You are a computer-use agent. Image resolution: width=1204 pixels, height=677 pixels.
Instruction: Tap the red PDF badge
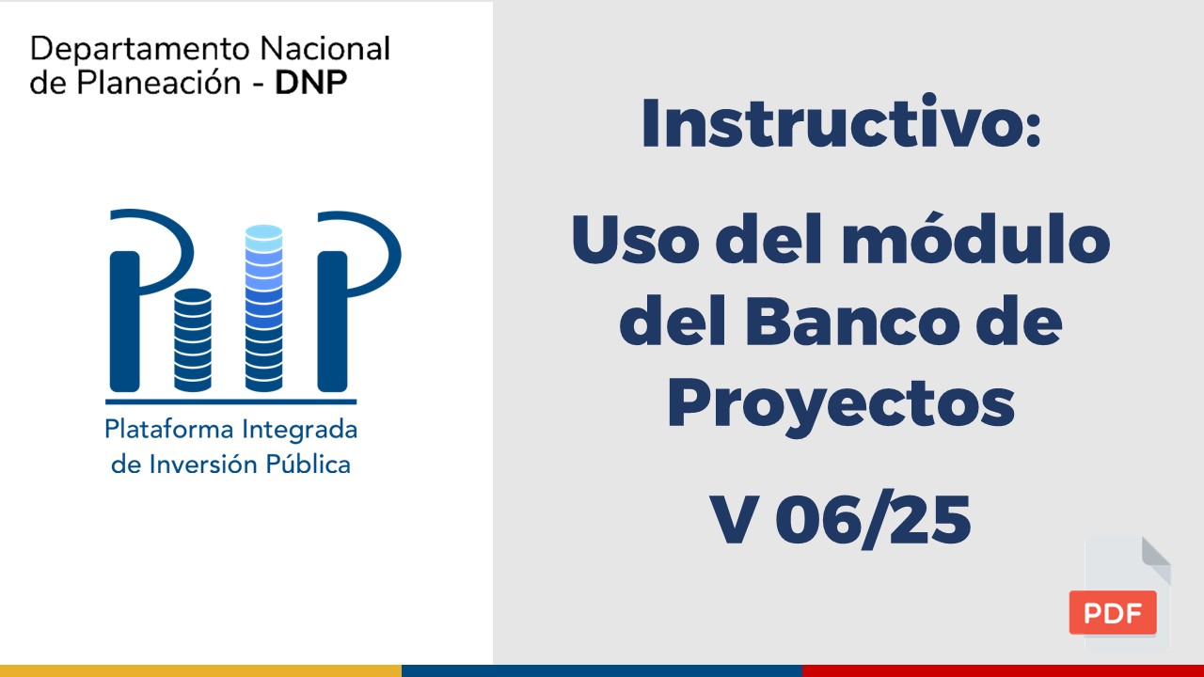click(x=1113, y=612)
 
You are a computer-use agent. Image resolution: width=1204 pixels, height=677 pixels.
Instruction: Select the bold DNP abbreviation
click(x=311, y=83)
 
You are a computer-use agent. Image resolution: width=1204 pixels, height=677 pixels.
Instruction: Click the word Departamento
click(x=140, y=49)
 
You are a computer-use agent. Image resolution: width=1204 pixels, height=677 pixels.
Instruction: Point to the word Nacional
click(x=325, y=49)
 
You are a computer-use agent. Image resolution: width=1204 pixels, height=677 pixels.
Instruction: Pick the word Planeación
click(x=159, y=83)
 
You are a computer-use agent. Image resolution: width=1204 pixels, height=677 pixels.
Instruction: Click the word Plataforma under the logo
click(x=169, y=430)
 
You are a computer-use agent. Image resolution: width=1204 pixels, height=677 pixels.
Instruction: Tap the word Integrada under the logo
click(x=300, y=431)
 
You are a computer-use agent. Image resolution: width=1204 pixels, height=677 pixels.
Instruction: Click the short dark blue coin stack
click(x=193, y=340)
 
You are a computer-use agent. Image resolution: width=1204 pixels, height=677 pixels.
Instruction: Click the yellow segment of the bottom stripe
click(x=200, y=670)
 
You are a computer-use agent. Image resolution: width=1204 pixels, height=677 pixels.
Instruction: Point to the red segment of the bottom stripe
click(x=1003, y=670)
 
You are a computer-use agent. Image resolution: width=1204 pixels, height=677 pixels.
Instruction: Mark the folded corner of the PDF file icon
click(x=1157, y=559)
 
